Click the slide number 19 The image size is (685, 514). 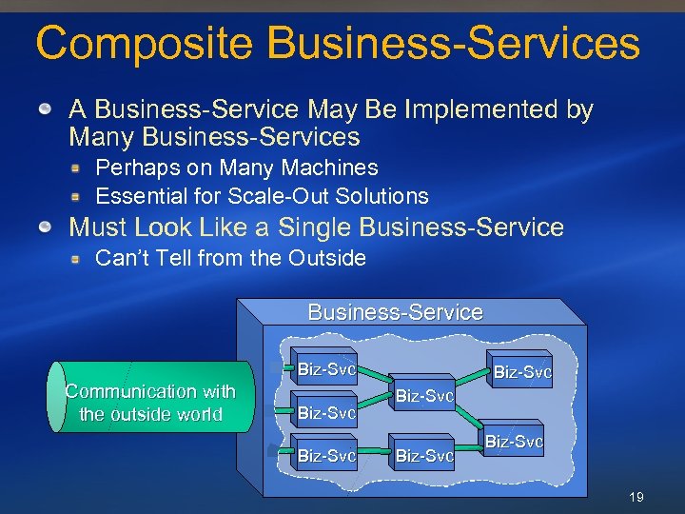637,496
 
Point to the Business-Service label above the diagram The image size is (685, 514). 395,312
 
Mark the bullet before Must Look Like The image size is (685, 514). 46,228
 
